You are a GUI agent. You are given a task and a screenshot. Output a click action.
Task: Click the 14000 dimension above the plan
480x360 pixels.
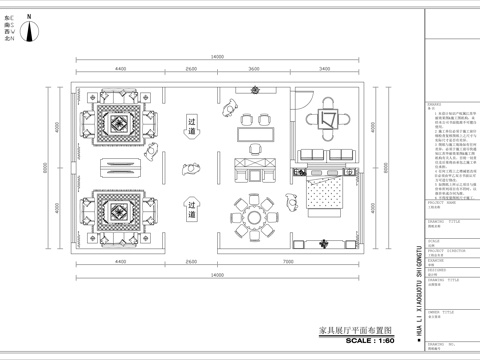coord(216,55)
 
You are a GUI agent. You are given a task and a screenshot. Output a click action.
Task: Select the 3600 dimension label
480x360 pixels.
coord(254,69)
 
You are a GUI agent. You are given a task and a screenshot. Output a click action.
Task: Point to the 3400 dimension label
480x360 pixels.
coord(325,69)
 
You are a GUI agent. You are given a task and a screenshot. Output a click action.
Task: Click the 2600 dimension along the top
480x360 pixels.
coord(191,69)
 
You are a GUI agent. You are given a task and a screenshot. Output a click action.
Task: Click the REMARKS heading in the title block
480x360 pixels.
coord(434,103)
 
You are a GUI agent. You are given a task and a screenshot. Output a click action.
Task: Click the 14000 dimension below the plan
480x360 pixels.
coord(216,275)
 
